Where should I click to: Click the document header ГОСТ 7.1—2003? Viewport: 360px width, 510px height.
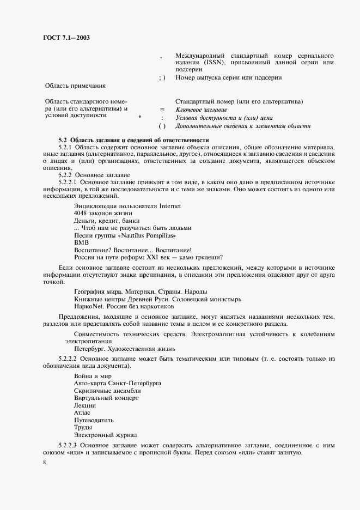coord(67,38)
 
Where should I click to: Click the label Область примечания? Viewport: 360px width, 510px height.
coord(75,86)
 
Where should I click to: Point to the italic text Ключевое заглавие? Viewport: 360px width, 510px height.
coord(200,110)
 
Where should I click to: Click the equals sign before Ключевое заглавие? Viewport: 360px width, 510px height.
coord(162,110)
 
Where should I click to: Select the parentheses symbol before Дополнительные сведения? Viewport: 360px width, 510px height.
coord(162,126)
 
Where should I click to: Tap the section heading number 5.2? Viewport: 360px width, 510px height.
coord(63,140)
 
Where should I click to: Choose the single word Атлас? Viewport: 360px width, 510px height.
coord(83,413)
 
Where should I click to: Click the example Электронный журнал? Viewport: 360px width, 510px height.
coord(105,435)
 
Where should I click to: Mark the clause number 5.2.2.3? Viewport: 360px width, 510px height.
coord(69,446)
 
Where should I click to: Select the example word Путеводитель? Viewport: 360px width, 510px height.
coord(94,420)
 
